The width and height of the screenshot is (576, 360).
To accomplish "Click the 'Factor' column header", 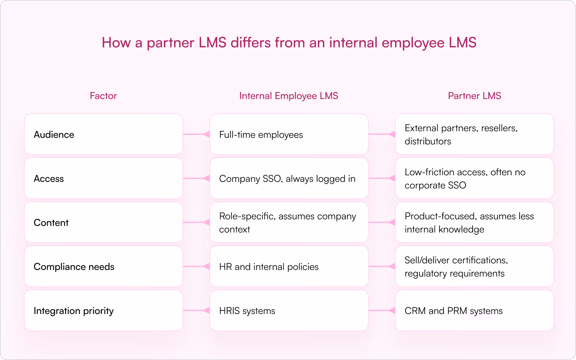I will pos(103,96).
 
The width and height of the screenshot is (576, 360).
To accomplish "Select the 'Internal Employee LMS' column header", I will pos(289,96).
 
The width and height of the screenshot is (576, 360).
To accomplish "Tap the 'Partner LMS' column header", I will pos(474,96).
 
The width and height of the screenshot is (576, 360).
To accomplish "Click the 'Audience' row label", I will pos(54,135).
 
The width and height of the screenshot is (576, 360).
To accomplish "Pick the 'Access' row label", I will pos(49,179).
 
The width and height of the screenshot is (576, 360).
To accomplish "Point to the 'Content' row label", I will pos(51,223).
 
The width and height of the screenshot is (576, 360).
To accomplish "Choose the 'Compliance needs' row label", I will pos(74,267).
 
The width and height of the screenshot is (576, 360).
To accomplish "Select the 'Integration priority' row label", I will pos(74,311).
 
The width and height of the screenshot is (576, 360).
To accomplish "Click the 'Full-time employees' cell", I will pos(261,135).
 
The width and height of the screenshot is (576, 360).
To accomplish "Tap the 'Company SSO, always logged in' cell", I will pos(287,179).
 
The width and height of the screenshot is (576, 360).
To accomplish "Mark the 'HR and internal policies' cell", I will pos(269,267).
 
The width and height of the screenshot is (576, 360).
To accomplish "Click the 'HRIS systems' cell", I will pos(247,311).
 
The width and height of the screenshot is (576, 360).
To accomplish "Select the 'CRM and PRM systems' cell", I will pos(454,311).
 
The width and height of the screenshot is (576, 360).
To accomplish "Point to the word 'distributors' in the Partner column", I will pos(427,141).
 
